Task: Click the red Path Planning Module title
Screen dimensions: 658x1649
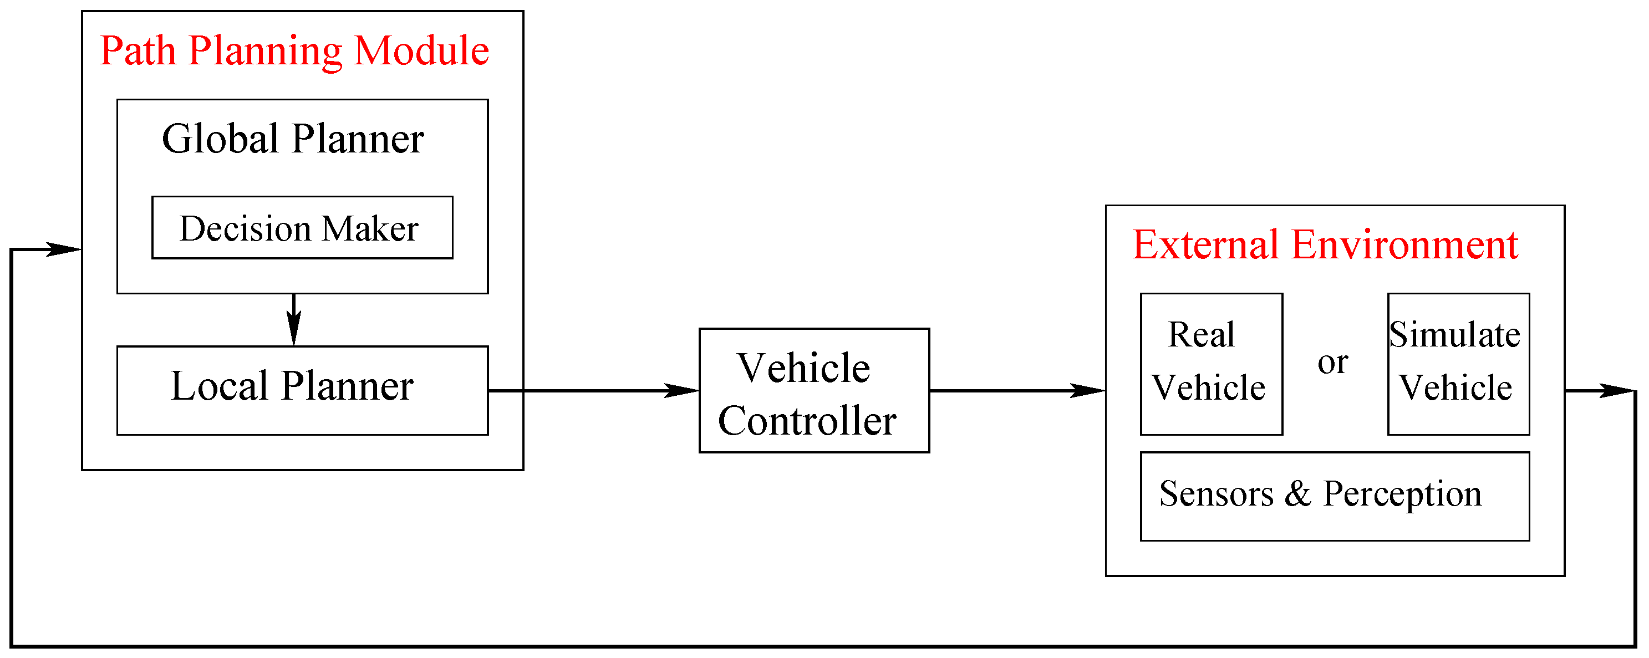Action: [x=294, y=51]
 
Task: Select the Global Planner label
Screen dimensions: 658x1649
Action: [x=293, y=139]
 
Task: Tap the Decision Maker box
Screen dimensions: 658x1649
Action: [x=302, y=228]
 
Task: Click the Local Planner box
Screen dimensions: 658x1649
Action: [x=302, y=390]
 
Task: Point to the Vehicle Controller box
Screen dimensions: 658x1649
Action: [x=813, y=390]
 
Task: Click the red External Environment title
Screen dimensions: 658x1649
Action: [x=1325, y=245]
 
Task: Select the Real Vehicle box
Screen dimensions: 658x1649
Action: [x=1210, y=364]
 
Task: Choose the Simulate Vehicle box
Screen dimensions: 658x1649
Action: [x=1458, y=364]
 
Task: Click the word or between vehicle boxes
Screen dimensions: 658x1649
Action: [x=1332, y=363]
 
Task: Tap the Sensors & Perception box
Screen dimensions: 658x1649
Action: [x=1334, y=496]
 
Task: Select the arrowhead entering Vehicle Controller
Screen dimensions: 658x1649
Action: [x=682, y=390]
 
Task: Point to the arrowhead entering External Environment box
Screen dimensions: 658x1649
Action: [x=1088, y=390]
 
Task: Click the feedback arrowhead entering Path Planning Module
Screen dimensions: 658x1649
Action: [x=64, y=249]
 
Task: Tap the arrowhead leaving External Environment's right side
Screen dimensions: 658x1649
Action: [x=1616, y=390]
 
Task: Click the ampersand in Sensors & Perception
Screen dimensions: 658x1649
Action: [x=1297, y=494]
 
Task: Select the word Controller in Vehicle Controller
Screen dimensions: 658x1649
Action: [x=807, y=421]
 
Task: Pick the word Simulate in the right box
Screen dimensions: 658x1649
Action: [x=1454, y=335]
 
